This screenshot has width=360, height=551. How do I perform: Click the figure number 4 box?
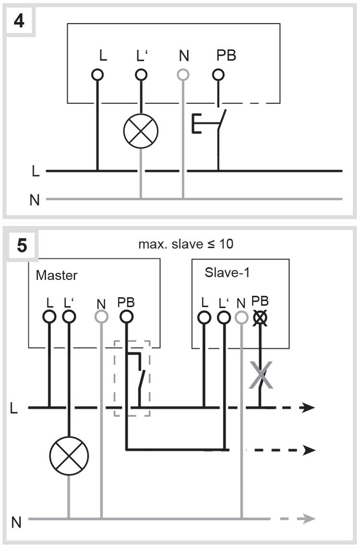[20, 21]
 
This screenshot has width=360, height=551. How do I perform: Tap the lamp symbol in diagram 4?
[141, 132]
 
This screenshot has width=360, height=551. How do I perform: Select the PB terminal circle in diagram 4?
[218, 75]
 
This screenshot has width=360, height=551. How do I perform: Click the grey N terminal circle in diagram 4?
[183, 75]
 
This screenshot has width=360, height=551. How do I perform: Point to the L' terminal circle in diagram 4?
[141, 75]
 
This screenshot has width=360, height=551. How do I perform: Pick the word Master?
[57, 276]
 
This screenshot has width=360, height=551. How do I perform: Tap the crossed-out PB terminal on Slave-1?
[260, 317]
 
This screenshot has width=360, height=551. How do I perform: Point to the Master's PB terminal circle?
[126, 317]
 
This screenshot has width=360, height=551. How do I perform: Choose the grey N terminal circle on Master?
[101, 317]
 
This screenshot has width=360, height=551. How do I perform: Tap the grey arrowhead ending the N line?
[310, 519]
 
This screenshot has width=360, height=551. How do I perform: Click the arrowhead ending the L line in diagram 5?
[310, 408]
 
